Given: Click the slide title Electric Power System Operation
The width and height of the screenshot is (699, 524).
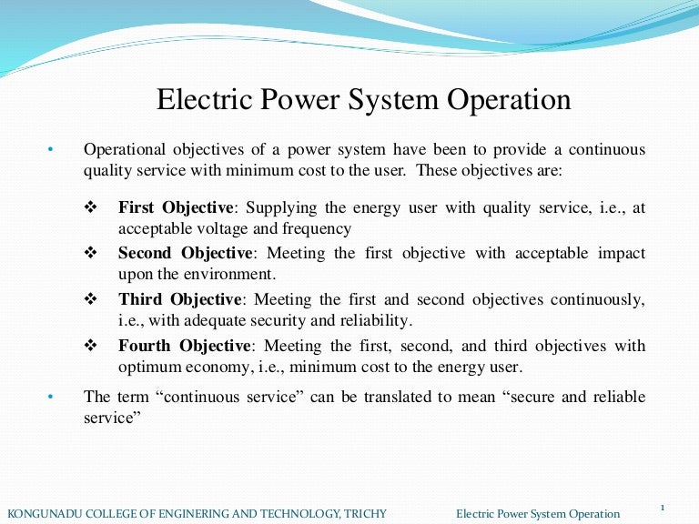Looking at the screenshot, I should tap(364, 99).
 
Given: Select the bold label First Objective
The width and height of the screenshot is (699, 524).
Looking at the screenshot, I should tap(176, 207).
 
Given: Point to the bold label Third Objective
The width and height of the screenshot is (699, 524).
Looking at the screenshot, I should tap(179, 299).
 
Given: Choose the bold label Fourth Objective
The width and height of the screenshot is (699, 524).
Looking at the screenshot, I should tap(183, 346).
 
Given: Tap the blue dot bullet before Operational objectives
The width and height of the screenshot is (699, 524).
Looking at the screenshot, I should tap(51, 149).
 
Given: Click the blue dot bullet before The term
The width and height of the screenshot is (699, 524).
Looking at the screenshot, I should tap(51, 397).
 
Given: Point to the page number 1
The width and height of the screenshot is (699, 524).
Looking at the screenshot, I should tap(663, 507).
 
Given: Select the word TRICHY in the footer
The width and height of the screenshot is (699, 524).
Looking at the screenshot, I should tap(365, 514).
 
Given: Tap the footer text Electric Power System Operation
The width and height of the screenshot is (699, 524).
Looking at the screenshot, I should tap(538, 514).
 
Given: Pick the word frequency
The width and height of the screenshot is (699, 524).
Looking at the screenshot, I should tap(321, 228).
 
